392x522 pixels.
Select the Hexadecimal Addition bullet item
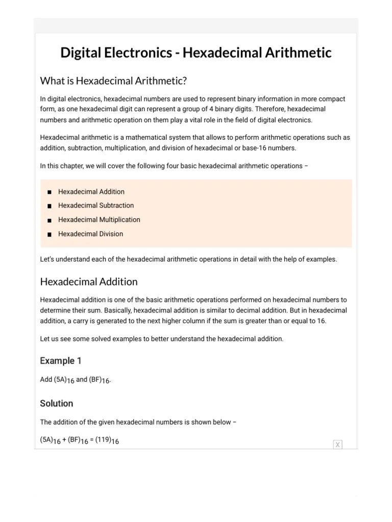(91, 192)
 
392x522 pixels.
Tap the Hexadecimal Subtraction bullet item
(96, 205)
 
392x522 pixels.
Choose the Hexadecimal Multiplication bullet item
(99, 220)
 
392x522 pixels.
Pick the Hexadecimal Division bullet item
(90, 234)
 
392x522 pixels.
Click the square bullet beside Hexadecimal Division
(49, 234)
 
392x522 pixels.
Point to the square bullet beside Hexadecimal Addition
(49, 192)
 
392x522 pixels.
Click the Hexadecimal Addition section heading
(89, 282)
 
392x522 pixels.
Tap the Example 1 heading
(61, 361)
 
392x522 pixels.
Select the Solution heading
(57, 403)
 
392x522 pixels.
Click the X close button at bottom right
(337, 445)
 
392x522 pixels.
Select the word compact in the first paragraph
(332, 99)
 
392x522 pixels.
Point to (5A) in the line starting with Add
(60, 379)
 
